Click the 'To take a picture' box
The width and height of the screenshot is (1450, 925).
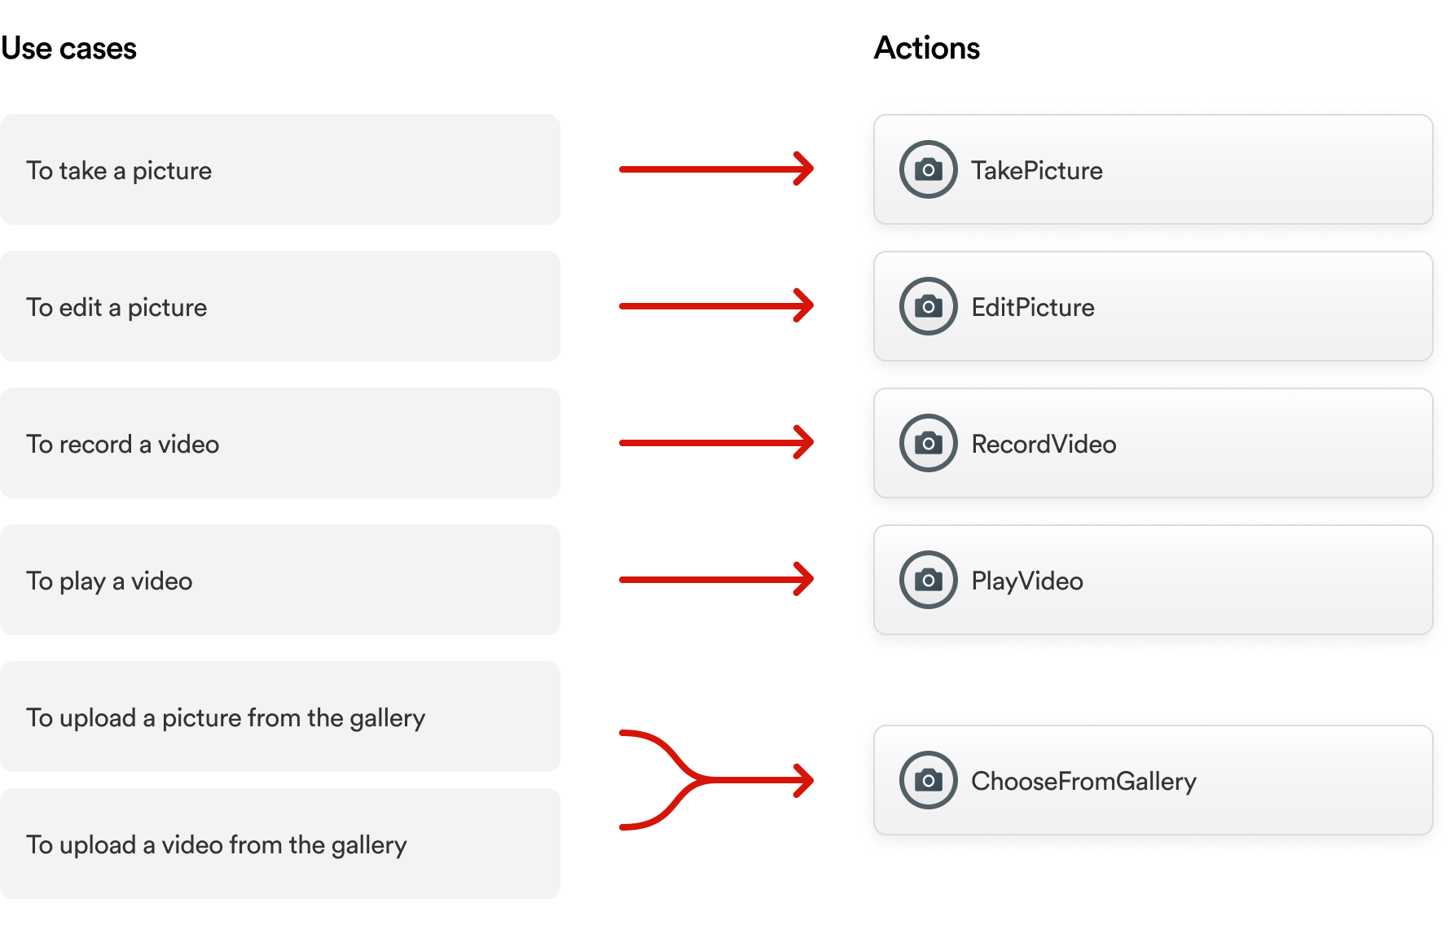279,169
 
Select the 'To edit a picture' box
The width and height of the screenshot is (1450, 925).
279,306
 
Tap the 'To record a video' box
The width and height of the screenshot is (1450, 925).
279,443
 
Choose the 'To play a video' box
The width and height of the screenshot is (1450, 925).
279,580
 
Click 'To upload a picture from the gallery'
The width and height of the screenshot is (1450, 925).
279,717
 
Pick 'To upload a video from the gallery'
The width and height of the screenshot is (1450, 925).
279,844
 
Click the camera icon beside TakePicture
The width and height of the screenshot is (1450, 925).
928,169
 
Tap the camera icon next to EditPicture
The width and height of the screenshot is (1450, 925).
928,306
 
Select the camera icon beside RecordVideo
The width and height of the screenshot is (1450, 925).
928,443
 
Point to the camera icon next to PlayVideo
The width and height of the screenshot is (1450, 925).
928,580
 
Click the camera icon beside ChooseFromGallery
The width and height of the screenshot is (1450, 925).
928,780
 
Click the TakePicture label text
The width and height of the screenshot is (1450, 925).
1036,170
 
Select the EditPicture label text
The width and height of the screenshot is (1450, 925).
1032,307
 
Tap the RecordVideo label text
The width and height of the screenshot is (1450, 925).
1044,444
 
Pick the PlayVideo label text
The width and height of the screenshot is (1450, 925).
1026,581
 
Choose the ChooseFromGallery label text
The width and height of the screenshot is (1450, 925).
1083,781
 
